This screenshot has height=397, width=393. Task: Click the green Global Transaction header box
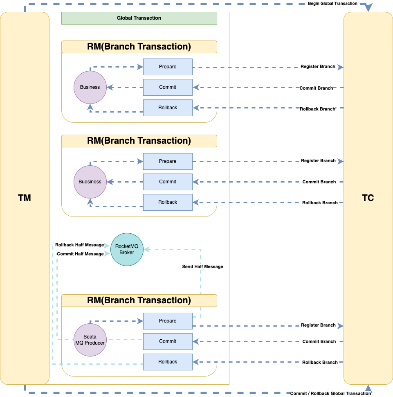(139, 18)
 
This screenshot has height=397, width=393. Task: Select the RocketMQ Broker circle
(127, 250)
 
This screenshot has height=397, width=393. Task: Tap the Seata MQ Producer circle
(90, 340)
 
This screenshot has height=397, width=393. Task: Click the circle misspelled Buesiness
(90, 182)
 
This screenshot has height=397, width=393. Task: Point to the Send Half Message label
(202, 266)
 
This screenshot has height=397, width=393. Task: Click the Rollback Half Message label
(79, 245)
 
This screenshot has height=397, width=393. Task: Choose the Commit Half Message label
(80, 254)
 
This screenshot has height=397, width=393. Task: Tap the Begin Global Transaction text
(332, 4)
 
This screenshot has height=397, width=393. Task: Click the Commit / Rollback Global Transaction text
(330, 393)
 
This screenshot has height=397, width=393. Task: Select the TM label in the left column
(25, 198)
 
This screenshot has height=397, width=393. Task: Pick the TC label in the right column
(368, 198)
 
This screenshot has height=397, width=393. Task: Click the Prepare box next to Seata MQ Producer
(168, 321)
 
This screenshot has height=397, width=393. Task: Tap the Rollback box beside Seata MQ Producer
(168, 362)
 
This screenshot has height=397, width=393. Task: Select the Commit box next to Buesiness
(168, 182)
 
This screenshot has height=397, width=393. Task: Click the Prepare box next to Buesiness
(168, 161)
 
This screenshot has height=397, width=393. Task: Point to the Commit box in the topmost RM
(168, 87)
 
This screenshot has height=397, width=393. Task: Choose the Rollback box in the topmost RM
(168, 108)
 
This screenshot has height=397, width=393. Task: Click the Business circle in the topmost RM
(90, 87)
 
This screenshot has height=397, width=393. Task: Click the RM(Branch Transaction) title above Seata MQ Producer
(139, 300)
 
